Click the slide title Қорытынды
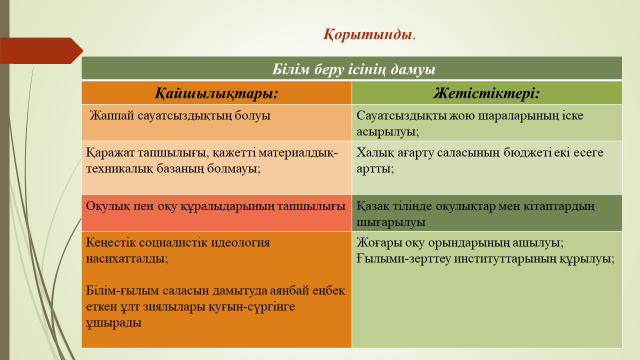click(x=369, y=35)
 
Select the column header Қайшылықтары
click(x=215, y=93)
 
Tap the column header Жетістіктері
click(x=487, y=93)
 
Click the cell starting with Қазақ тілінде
click(x=475, y=213)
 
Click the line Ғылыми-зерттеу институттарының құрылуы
click(x=484, y=258)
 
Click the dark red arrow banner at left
click(x=40, y=50)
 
